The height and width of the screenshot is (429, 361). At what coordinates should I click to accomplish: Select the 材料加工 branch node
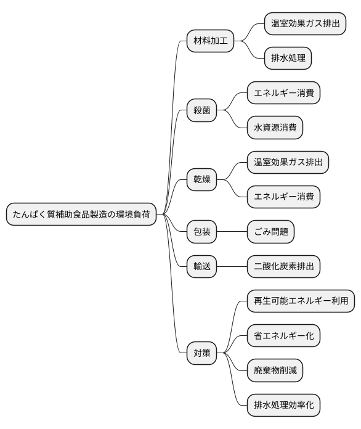pyautogui.click(x=210, y=41)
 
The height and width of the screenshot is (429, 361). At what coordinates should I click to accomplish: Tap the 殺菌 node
pyautogui.click(x=201, y=111)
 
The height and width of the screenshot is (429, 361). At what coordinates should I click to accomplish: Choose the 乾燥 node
pyautogui.click(x=201, y=180)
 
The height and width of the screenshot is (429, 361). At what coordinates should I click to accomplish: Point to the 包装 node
pyautogui.click(x=201, y=232)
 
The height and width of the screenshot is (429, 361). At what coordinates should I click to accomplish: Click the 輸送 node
pyautogui.click(x=201, y=266)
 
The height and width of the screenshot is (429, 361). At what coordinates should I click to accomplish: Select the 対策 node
pyautogui.click(x=201, y=353)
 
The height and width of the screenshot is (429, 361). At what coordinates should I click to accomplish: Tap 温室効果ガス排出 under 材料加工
pyautogui.click(x=304, y=24)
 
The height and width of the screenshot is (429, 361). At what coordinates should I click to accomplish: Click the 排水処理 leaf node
pyautogui.click(x=288, y=59)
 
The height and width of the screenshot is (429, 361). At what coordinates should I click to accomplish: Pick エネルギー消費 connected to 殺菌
pyautogui.click(x=283, y=93)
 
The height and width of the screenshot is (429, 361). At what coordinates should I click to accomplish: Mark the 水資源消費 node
pyautogui.click(x=275, y=128)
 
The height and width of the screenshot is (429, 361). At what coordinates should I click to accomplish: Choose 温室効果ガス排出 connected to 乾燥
pyautogui.click(x=287, y=163)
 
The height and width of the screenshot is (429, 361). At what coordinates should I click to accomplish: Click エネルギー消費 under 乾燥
pyautogui.click(x=283, y=197)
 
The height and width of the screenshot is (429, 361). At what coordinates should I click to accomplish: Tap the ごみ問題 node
pyautogui.click(x=270, y=232)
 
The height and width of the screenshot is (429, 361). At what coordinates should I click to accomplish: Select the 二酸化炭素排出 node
pyautogui.click(x=283, y=266)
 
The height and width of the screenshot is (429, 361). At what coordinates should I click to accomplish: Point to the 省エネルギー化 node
pyautogui.click(x=283, y=336)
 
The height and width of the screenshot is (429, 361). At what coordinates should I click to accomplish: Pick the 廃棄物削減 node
pyautogui.click(x=275, y=370)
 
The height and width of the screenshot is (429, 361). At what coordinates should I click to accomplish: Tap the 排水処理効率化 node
pyautogui.click(x=283, y=406)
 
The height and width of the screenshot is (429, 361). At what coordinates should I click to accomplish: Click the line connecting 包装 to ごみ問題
pyautogui.click(x=232, y=232)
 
